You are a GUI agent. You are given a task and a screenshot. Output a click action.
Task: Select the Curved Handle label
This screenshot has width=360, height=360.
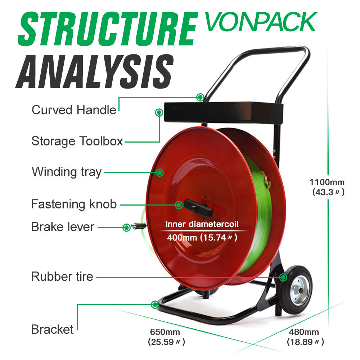(x=74, y=109)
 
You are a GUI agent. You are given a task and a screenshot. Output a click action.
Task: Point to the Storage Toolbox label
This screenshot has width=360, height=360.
(x=77, y=141)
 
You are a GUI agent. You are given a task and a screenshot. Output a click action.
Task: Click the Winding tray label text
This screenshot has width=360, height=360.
(x=67, y=172)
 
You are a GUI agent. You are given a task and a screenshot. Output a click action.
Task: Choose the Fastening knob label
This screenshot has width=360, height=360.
(x=74, y=204)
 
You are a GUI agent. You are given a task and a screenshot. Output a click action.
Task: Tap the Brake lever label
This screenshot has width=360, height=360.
(x=63, y=227)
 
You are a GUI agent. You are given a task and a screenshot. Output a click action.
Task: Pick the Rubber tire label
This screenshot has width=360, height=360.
(x=62, y=276)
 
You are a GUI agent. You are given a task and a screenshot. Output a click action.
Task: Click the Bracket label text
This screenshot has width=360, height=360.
(x=52, y=329)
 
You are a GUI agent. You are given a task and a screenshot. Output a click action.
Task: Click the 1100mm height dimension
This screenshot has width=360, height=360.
(x=327, y=182)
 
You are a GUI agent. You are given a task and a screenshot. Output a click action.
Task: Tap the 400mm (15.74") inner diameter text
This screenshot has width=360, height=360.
(x=202, y=238)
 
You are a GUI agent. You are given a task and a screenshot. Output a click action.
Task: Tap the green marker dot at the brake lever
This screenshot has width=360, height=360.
(x=126, y=228)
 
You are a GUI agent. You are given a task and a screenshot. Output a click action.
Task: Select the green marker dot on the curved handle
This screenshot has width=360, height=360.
(x=201, y=97)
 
